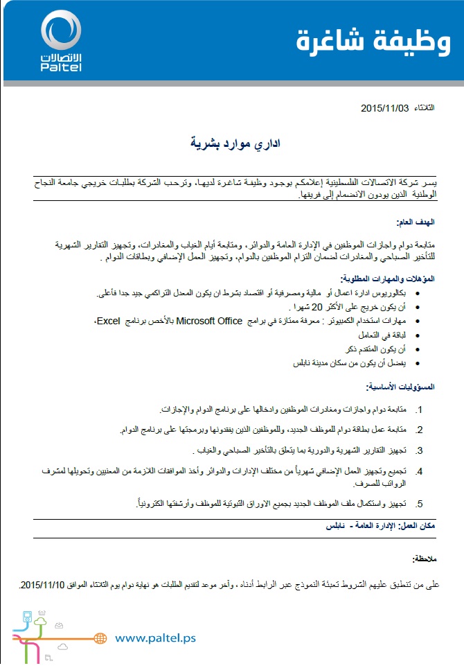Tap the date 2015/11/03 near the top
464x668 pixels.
[384, 108]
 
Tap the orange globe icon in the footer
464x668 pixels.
[99, 638]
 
